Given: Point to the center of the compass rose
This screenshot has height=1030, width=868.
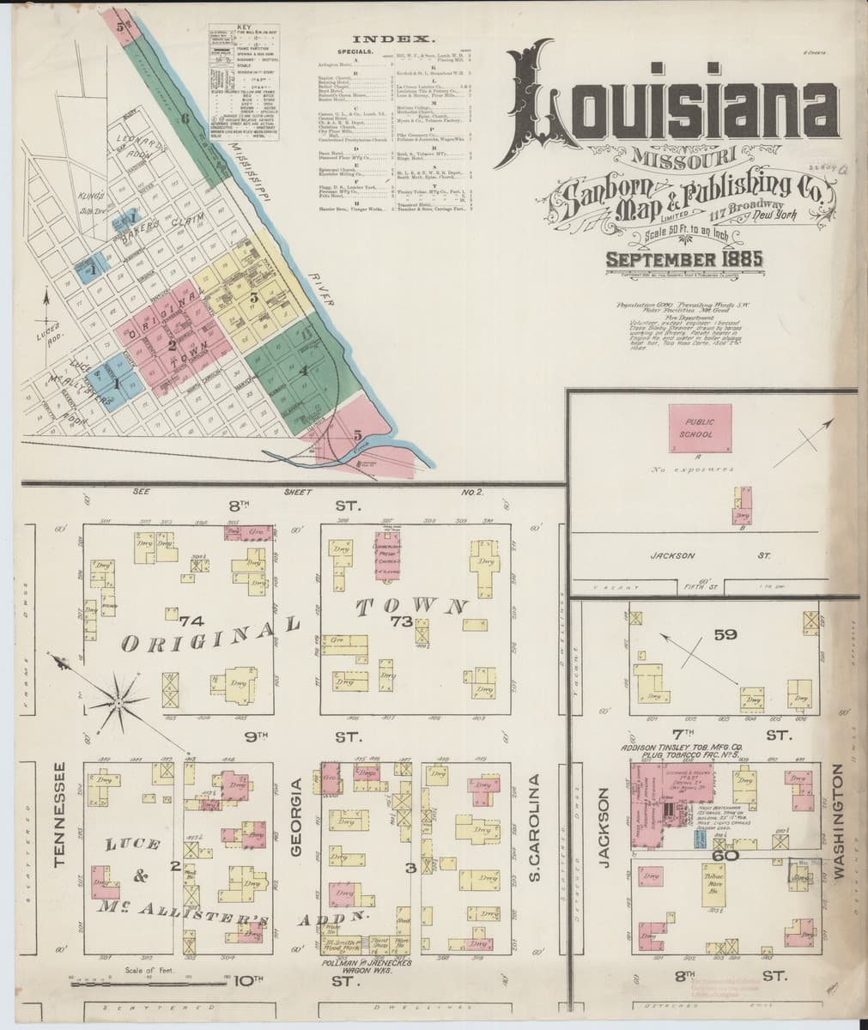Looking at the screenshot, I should click(x=121, y=704).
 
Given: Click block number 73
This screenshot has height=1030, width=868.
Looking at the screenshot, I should click(x=399, y=621).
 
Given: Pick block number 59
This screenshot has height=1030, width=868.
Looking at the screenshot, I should click(x=725, y=635).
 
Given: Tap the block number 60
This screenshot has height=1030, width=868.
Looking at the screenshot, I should click(x=726, y=854).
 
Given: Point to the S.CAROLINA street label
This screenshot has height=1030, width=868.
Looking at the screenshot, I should click(x=534, y=824).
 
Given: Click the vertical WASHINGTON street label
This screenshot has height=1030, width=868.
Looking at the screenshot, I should click(x=839, y=821).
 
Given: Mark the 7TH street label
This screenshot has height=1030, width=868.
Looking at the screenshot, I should click(x=683, y=735).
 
